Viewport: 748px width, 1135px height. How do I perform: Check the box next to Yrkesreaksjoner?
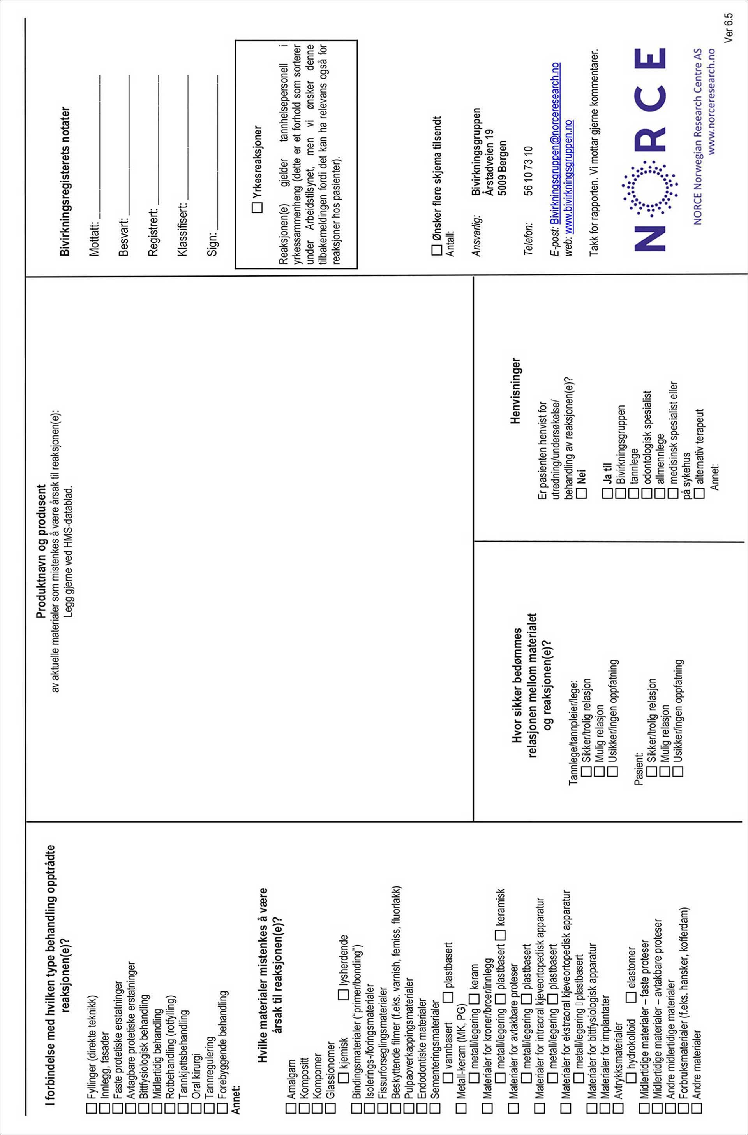coord(257,207)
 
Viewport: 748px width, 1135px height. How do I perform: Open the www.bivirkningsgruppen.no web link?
coord(568,176)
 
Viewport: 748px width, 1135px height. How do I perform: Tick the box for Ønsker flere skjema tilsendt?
coord(437,250)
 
